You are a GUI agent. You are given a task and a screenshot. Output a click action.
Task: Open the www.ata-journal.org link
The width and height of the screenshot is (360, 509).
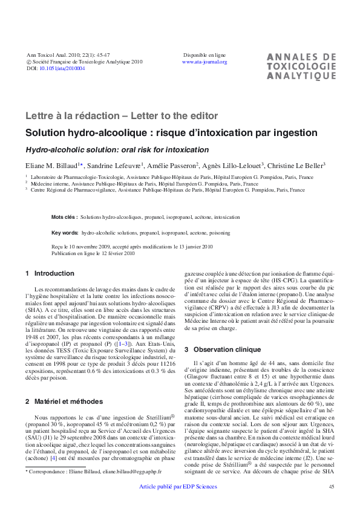pyautogui.click(x=205, y=62)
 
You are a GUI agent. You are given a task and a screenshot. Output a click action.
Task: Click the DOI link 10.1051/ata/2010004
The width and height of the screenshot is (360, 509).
pyautogui.click(x=62, y=69)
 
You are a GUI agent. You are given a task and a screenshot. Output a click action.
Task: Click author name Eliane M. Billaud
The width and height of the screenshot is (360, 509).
pyautogui.click(x=53, y=165)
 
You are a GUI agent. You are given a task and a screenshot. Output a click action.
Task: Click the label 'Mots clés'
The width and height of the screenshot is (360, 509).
pyautogui.click(x=64, y=216)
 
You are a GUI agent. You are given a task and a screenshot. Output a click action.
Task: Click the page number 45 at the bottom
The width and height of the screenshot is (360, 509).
pyautogui.click(x=331, y=487)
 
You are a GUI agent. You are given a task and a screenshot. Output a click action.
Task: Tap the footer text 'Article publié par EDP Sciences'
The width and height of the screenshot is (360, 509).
pyautogui.click(x=178, y=487)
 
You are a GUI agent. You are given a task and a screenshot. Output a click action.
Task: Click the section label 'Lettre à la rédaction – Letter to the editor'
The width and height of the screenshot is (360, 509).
pyautogui.click(x=122, y=115)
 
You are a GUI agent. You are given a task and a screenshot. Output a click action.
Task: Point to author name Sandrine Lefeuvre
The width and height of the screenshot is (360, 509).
pyautogui.click(x=116, y=165)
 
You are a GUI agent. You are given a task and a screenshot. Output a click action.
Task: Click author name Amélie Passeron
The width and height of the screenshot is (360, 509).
pyautogui.click(x=172, y=165)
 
